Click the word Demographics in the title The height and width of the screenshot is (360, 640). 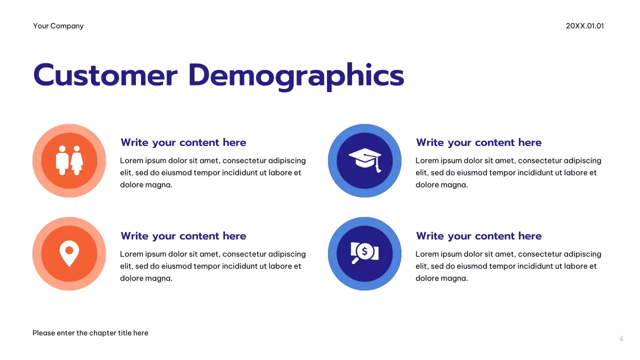coord(296,76)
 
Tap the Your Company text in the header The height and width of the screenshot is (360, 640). coord(58,26)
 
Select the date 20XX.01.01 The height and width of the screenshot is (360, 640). coord(584,26)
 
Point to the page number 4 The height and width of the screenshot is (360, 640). coord(621,339)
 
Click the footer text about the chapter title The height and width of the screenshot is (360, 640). coord(90,333)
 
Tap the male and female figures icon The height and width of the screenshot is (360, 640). coord(69,160)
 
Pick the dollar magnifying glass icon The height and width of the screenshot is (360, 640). coord(364,253)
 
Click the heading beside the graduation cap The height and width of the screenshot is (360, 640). coord(478,142)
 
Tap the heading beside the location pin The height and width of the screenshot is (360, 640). coord(183,236)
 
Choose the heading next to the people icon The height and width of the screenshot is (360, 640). coord(183,142)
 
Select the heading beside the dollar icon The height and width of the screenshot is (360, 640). coord(478,236)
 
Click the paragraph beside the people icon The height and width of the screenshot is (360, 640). coord(212,172)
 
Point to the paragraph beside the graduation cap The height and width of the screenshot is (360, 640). coord(508,172)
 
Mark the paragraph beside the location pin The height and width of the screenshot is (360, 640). coord(212,266)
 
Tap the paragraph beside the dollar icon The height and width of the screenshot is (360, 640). coord(508,266)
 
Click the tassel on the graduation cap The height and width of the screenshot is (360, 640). coord(378,166)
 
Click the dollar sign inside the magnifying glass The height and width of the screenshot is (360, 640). coord(364,251)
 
